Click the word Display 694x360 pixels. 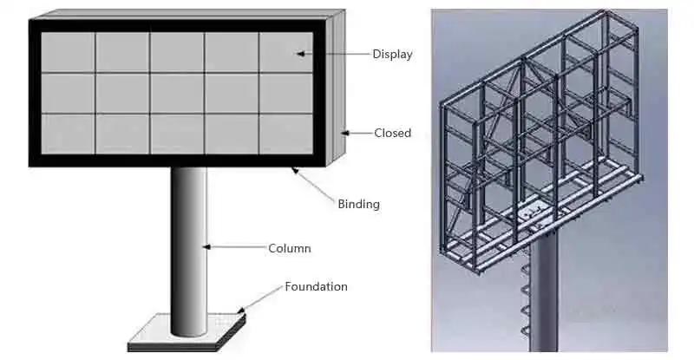point(392,55)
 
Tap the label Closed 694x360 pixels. point(392,134)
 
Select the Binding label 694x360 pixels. point(358,205)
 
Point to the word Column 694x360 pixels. point(290,249)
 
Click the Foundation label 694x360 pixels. point(316,286)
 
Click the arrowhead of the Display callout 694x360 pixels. point(299,54)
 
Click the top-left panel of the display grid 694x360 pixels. point(68,52)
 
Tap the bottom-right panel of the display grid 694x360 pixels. point(285,134)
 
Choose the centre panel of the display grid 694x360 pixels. point(177,93)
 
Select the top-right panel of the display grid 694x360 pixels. point(285,52)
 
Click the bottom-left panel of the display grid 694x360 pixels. point(68,134)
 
